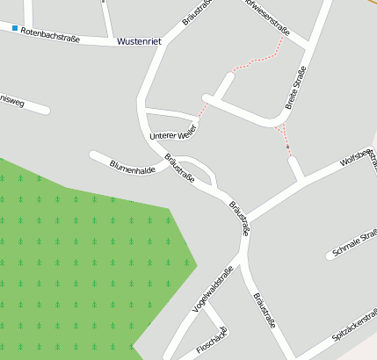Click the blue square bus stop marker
pyautogui.click(x=15, y=29)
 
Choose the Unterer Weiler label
pyautogui.click(x=172, y=134)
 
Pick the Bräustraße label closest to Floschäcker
pyautogui.click(x=264, y=311)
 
